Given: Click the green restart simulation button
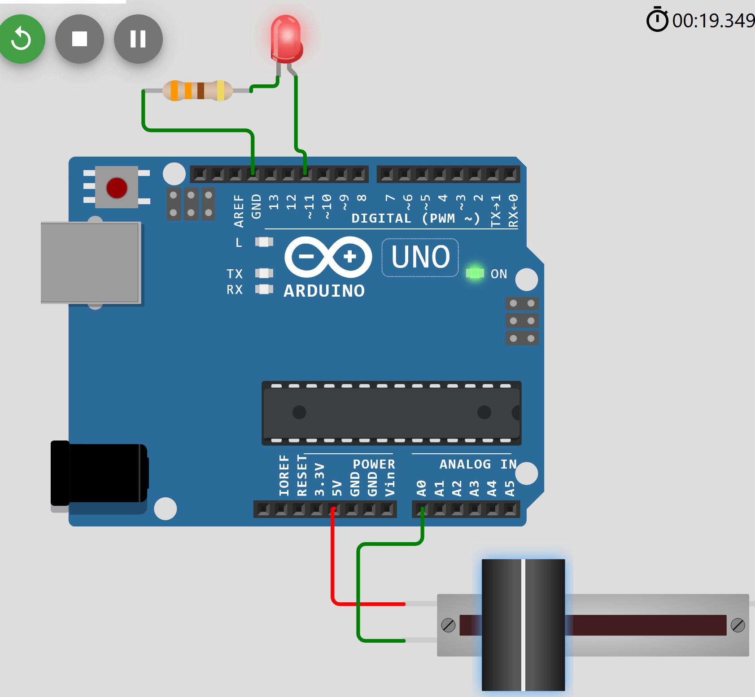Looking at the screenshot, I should [21, 39].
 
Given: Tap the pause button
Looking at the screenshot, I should [138, 39].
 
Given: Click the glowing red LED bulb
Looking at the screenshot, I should [286, 38].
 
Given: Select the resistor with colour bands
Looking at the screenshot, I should [197, 91].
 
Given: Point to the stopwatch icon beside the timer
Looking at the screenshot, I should [657, 20].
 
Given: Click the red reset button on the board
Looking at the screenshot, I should [117, 188].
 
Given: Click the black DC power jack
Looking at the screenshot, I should [99, 473].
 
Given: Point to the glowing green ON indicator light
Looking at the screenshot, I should [475, 273].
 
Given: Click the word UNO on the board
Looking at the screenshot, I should [420, 257].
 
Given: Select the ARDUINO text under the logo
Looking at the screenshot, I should [324, 291].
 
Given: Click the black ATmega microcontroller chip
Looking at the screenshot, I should [391, 412].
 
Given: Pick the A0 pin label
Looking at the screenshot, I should [421, 488].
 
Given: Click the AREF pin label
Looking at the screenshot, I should [238, 210].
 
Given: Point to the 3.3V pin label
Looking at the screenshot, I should [319, 479].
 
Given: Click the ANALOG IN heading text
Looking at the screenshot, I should [478, 464].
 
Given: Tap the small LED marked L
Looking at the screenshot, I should [264, 242].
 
